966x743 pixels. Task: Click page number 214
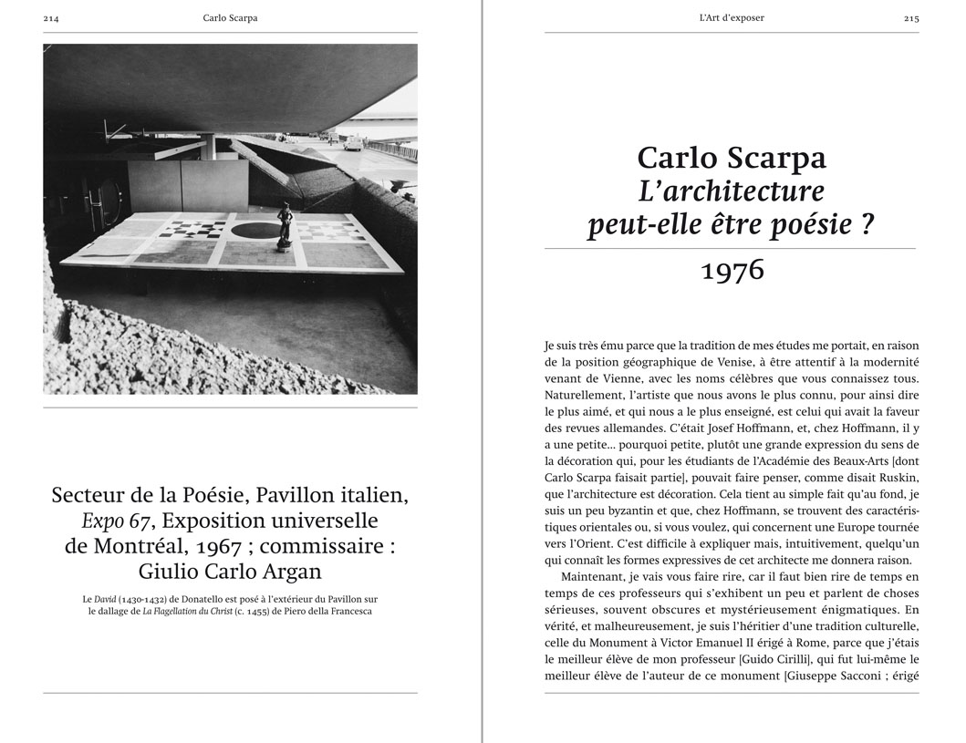click(51, 18)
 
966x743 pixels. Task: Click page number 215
click(910, 18)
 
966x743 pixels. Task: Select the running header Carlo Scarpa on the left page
click(230, 18)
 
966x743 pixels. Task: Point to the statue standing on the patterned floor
click(284, 224)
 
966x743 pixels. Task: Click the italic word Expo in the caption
click(100, 521)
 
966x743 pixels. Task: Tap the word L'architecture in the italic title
click(731, 191)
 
